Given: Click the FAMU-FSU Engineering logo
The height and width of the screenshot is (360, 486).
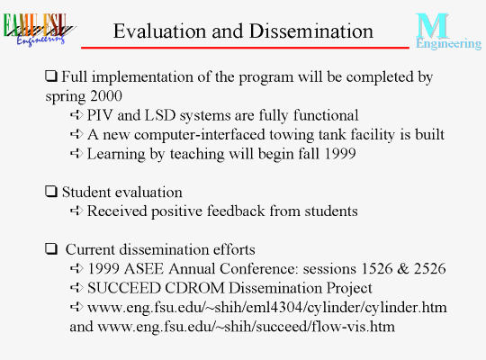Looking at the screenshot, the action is point(39,30).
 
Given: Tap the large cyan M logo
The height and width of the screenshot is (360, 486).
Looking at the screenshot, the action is point(432,25).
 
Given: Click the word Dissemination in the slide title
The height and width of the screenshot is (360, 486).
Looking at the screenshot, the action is point(311,31).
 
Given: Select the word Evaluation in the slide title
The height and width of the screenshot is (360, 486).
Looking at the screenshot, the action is point(160,31).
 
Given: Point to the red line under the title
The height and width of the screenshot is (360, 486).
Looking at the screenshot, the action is point(245,48).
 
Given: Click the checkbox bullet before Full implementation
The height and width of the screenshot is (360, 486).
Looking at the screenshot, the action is point(51,76).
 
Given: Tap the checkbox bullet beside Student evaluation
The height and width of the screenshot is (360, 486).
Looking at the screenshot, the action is point(51,192).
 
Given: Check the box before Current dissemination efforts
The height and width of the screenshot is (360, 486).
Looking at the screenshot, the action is point(51,248).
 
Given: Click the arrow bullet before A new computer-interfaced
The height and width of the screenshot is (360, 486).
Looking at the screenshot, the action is point(76,134).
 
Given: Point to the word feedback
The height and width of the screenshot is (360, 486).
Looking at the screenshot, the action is point(236,211).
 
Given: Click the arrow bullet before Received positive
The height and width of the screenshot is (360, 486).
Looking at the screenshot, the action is point(76,211).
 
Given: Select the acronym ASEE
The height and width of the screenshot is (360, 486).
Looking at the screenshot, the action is point(143,268).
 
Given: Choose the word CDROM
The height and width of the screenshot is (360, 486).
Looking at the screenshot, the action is point(194,288).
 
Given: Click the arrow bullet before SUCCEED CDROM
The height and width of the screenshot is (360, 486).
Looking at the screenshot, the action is point(76,288).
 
